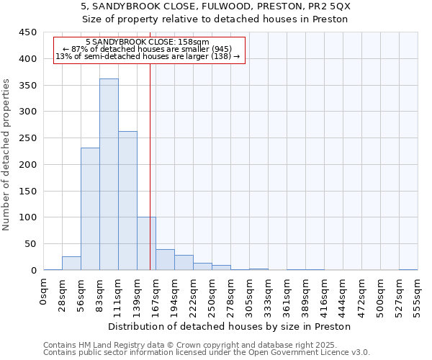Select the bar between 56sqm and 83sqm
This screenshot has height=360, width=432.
point(90,209)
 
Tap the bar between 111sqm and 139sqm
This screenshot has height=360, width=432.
point(127,201)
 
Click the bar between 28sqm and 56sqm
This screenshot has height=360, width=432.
point(71,264)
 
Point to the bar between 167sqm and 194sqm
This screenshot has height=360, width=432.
point(165,260)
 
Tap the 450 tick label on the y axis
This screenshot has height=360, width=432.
point(28,32)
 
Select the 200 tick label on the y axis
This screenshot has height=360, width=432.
point(28,165)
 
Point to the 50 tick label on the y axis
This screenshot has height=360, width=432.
point(31,244)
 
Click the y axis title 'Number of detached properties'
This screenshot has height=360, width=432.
point(7,155)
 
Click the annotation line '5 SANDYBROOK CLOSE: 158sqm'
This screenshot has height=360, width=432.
point(147,42)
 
